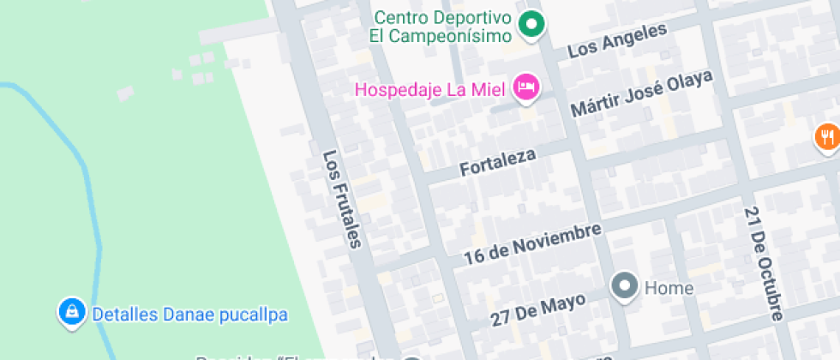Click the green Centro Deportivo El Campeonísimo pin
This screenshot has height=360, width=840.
tap(532, 24)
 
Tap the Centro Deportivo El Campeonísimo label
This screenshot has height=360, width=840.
tap(442, 27)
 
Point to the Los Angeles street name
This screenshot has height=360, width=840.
tap(617, 41)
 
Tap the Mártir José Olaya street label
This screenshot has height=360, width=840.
tap(642, 95)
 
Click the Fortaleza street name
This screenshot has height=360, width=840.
tap(498, 163)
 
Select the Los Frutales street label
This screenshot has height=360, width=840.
tap(343, 199)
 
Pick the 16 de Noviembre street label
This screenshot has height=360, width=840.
tap(531, 243)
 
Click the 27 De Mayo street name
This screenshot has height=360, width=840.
tap(538, 309)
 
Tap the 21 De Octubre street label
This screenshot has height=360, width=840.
tap(764, 262)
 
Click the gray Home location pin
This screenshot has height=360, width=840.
tap(624, 285)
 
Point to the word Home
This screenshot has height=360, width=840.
tap(669, 288)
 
